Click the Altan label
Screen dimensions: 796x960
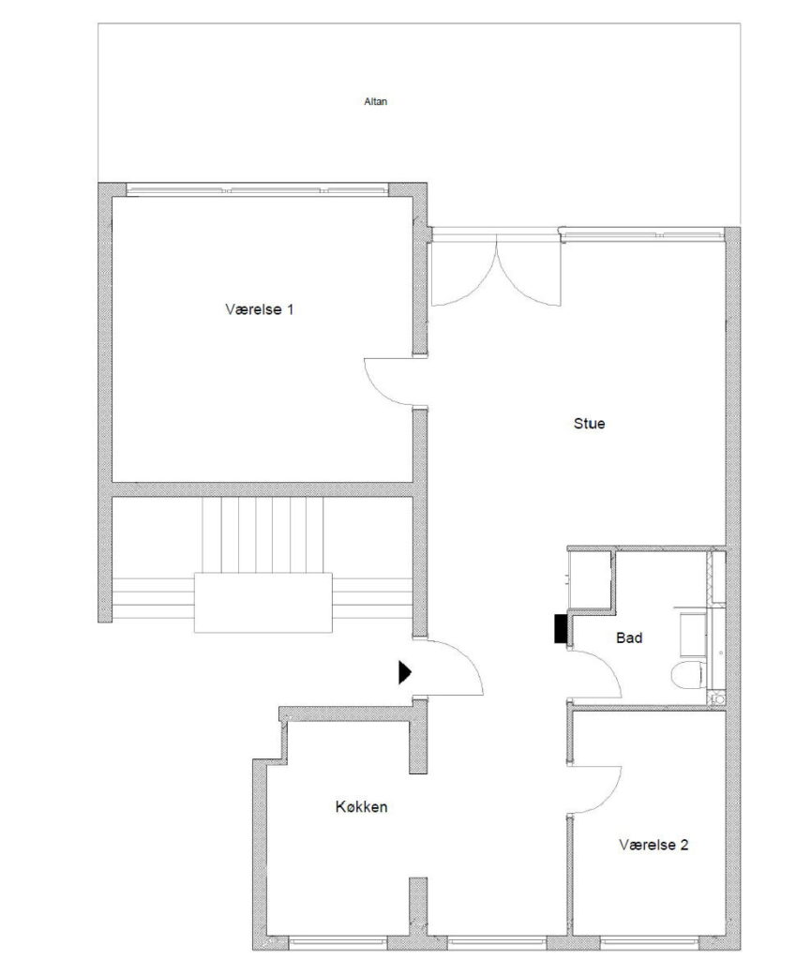(x=375, y=101)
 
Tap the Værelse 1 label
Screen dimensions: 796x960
(x=259, y=309)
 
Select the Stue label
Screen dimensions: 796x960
(x=589, y=423)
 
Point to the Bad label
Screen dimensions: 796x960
(x=629, y=637)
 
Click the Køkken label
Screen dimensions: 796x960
(x=361, y=806)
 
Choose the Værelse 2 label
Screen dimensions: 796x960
(x=653, y=845)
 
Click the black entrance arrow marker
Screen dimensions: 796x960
(x=405, y=671)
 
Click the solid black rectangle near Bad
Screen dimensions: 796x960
(x=561, y=629)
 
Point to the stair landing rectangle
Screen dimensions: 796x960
(x=263, y=603)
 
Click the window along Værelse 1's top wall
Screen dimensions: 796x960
(x=257, y=190)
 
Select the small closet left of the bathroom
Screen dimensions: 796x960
(x=590, y=579)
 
